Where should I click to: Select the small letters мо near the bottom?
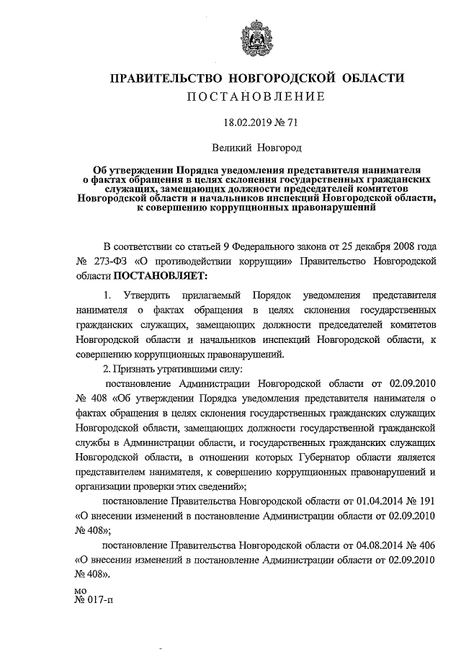pos(81,591)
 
